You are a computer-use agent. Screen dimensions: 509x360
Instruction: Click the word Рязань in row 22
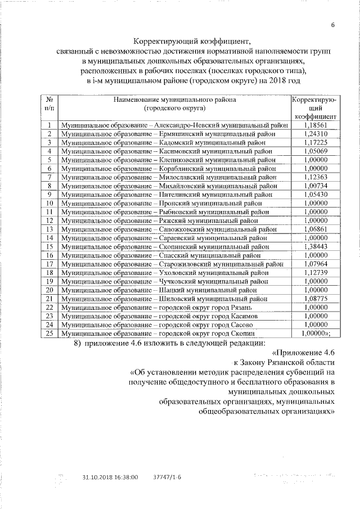(x=246, y=307)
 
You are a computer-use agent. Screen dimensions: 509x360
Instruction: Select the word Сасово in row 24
(x=246, y=325)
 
